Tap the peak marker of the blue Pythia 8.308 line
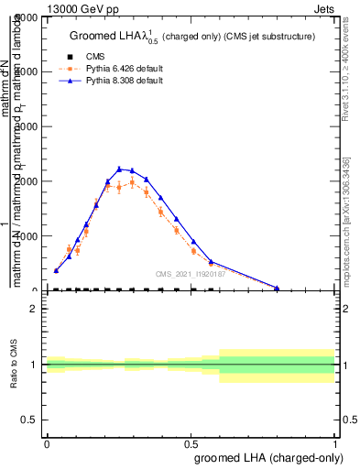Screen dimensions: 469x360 pos(119,169)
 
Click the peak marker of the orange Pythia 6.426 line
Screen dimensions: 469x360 pos(132,182)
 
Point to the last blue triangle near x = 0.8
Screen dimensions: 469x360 pos(277,288)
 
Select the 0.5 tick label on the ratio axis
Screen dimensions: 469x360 pos(29,420)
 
